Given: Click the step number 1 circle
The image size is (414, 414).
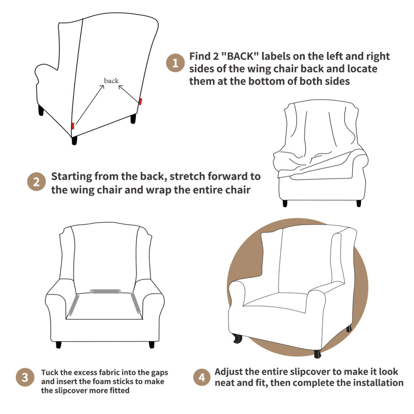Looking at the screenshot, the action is pos(175,63).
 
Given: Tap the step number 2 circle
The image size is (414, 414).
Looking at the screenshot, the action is pos(36,181).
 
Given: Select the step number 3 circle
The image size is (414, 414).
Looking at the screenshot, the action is pos(25,377).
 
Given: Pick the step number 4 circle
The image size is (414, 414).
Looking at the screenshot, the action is pos(202,377).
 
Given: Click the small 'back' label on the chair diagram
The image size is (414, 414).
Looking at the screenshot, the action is pos(111,81).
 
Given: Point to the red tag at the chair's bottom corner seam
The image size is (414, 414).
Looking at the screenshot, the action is pos(73,126).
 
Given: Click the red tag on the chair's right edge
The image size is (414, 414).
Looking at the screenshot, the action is pos(141,101).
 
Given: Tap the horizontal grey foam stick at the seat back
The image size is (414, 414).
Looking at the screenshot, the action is pos(105,291).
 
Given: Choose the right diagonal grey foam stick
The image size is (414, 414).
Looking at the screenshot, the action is pos(135,303).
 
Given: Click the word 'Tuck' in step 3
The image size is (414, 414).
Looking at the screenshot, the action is pos(49,373).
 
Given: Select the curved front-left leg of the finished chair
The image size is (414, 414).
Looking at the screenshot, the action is pos(238,338).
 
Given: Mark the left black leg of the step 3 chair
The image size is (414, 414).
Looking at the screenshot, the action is pos(59,345).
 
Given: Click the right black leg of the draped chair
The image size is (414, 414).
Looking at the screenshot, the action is pos(358,203).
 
